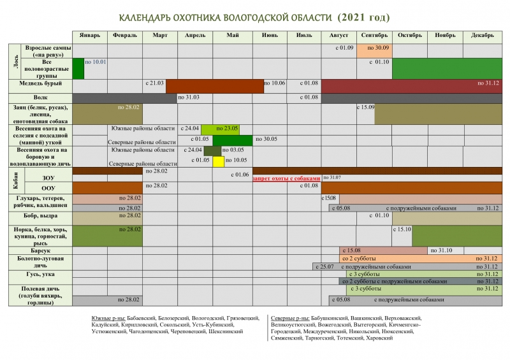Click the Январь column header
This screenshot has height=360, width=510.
pos(90,36)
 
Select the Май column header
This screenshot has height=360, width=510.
pos(233,36)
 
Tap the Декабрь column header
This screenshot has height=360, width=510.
pos(483,36)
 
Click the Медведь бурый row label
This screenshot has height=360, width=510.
pos(40,84)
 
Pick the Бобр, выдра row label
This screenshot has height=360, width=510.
pos(40,216)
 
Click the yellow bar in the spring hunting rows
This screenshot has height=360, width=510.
pos(218,161)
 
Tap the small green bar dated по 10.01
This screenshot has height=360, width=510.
pos(78,68)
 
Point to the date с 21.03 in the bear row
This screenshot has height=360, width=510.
pos(154,83)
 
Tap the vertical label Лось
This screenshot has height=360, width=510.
pos(15,61)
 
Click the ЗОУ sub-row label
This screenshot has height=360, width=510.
pos(48,178)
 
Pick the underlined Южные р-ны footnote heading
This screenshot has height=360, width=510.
pos(105,317)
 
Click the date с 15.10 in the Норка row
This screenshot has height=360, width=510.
pos(402,229)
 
